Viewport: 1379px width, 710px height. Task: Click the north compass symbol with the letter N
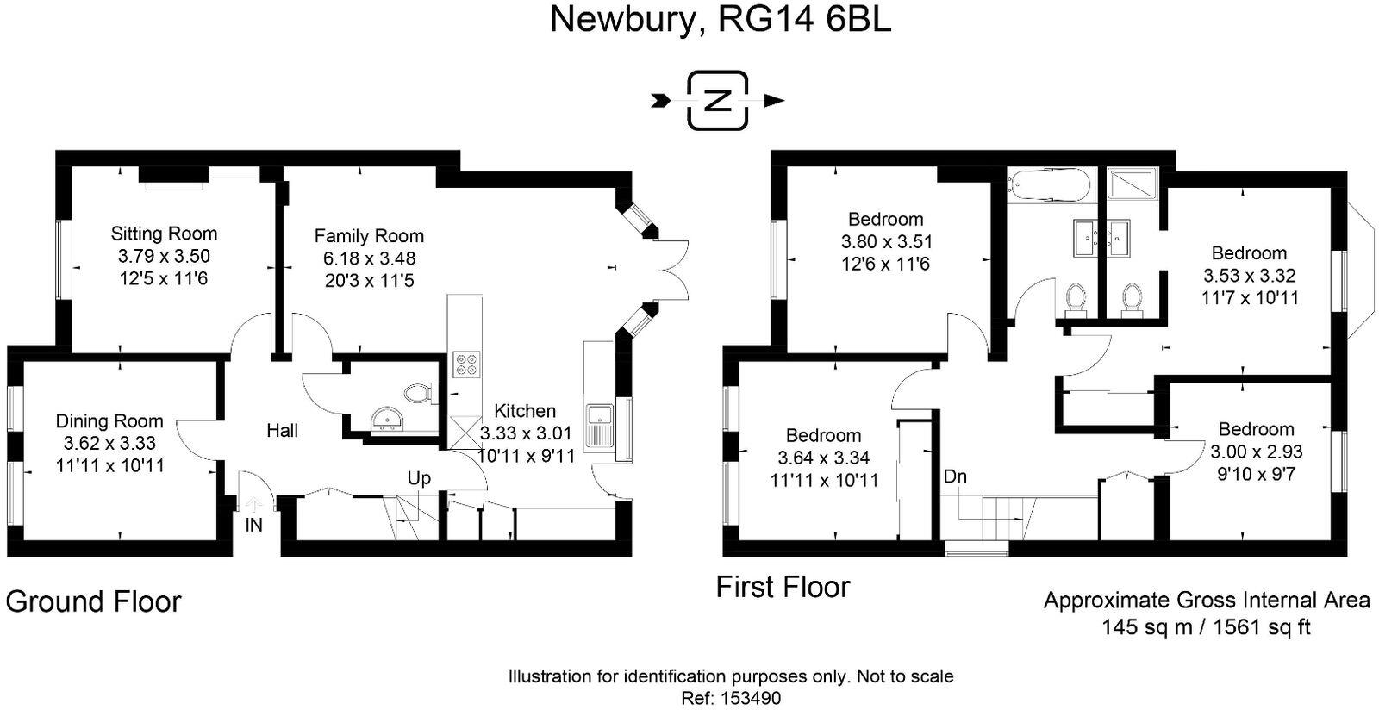point(717,101)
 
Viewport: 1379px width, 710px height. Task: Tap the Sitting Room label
point(164,234)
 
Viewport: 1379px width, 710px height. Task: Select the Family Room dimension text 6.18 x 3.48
point(369,258)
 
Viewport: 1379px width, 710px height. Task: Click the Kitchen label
point(525,411)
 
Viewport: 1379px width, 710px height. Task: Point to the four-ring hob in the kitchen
point(465,364)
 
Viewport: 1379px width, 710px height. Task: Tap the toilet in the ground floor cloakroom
point(419,393)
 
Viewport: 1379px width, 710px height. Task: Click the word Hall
point(282,431)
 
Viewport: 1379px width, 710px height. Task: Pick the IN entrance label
point(253,524)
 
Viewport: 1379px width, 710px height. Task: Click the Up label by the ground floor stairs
point(420,478)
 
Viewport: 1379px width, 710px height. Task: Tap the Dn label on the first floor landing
point(955,476)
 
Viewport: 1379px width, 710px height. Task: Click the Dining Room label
point(109,421)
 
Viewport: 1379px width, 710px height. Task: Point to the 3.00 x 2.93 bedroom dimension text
point(1256,452)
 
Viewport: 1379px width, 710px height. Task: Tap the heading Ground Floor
point(93,601)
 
